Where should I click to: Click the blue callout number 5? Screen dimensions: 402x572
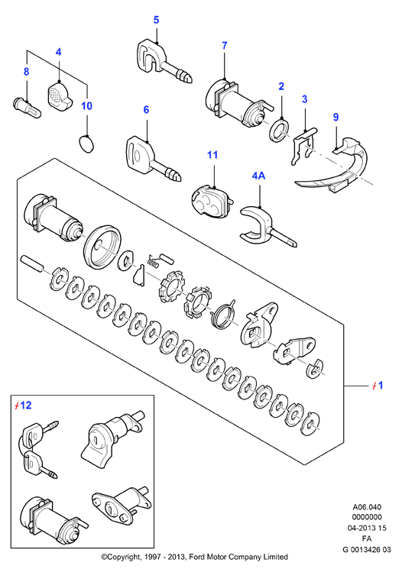pos(156,20)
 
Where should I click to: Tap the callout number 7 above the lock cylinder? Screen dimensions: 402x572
pos(225,46)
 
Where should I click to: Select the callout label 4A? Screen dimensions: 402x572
pos(258,176)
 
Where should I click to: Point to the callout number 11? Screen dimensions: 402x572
pos(212,155)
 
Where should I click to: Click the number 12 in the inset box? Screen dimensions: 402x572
pos(26,405)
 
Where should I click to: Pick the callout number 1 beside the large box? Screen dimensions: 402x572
pos(381,385)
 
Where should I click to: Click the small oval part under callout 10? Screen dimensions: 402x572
pos(86,144)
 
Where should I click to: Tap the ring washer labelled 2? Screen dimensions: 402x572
pos(280,130)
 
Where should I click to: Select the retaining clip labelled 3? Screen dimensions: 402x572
pos(303,146)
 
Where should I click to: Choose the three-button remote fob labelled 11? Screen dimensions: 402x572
pos(212,202)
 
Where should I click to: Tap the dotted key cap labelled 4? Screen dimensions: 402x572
pos(59,95)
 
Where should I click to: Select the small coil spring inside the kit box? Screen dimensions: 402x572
pos(154,261)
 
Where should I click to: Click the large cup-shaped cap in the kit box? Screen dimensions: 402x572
pos(102,247)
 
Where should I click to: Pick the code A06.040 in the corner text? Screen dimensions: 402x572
pos(367,507)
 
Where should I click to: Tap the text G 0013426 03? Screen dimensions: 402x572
pos(366,549)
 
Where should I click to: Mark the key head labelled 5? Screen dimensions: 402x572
pos(151,55)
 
